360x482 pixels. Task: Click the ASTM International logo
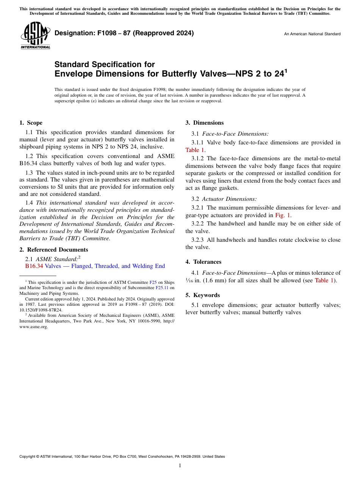(x=35, y=36)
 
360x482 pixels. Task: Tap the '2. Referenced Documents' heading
(x=54, y=250)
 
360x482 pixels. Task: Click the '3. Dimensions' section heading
(x=205, y=123)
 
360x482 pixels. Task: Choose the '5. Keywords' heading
(x=203, y=295)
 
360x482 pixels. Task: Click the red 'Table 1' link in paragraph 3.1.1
(x=195, y=150)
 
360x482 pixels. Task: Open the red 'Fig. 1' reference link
(x=283, y=215)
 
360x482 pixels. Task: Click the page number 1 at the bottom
(x=180, y=465)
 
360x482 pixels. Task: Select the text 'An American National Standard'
(x=312, y=34)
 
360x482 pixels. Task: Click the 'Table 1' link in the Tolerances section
(x=324, y=280)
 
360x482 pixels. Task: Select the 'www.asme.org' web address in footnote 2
(x=34, y=327)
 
